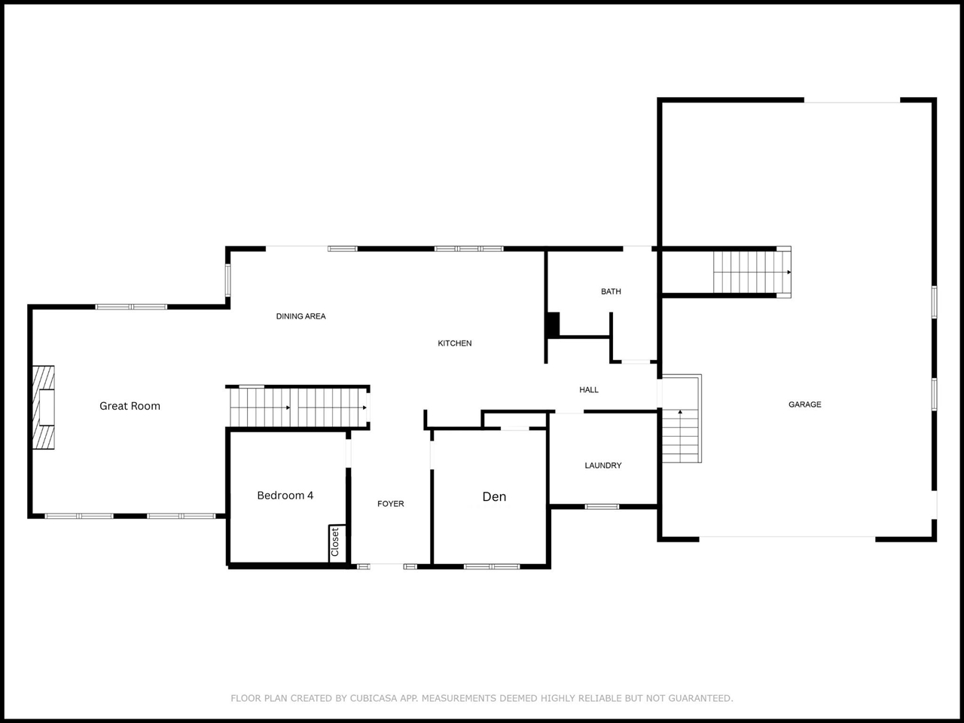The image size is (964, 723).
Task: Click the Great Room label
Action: coord(130,406)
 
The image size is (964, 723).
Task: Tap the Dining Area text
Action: coord(300,316)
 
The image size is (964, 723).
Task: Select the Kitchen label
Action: coord(455,343)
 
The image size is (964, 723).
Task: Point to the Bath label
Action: coord(611,291)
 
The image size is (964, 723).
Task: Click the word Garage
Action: coord(804,404)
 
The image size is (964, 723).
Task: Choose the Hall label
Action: coord(589,390)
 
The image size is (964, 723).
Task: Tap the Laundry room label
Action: coord(603,465)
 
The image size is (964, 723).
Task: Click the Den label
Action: coord(494,496)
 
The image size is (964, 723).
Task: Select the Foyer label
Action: coord(390,504)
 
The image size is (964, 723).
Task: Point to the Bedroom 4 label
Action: coord(285,496)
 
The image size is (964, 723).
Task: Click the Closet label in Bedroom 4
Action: coord(335,542)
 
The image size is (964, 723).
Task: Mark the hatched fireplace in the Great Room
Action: coord(44,407)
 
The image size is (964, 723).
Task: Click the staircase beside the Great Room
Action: coord(299,407)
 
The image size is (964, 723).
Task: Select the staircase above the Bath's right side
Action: coord(752,272)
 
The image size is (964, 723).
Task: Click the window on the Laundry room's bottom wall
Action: coord(602,507)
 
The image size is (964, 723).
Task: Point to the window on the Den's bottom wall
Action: coord(492,566)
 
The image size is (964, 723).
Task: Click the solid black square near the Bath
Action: coord(554,325)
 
